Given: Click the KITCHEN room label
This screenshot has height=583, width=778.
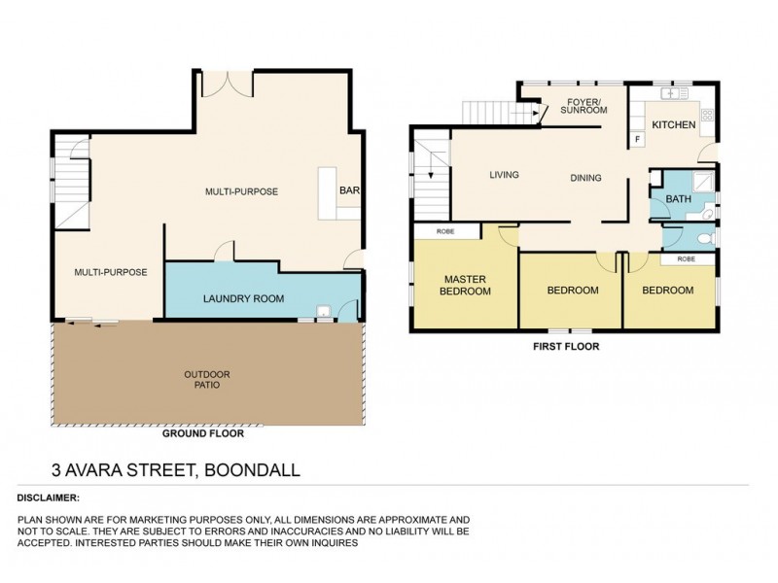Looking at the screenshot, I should click(673, 125).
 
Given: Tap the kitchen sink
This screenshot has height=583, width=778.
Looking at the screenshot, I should click(673, 93).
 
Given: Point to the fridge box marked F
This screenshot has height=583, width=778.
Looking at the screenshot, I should click(638, 139).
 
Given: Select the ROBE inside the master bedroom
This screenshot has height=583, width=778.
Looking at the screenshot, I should click(446, 232).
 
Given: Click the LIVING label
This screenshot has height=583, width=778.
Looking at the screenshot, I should click(504, 175).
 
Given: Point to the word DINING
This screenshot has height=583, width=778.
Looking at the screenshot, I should click(585, 178).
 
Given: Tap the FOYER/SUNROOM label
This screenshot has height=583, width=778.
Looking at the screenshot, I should click(586, 105).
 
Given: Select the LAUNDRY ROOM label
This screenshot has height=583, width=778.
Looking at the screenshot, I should click(243, 298).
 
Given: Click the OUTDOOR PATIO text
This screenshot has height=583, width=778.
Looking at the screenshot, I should click(206, 379).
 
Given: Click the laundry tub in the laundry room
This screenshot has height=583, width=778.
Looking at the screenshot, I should click(324, 312).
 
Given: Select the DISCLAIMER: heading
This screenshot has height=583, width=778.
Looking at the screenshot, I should click(49, 497).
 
